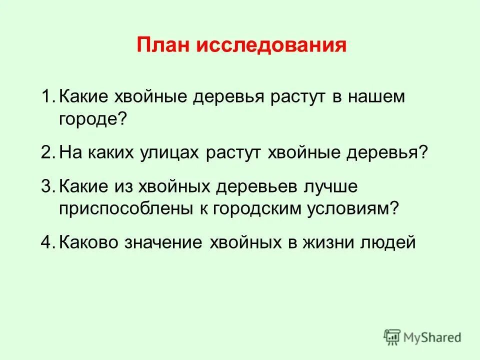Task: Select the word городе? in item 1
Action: (91, 119)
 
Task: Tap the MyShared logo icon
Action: (392, 336)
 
